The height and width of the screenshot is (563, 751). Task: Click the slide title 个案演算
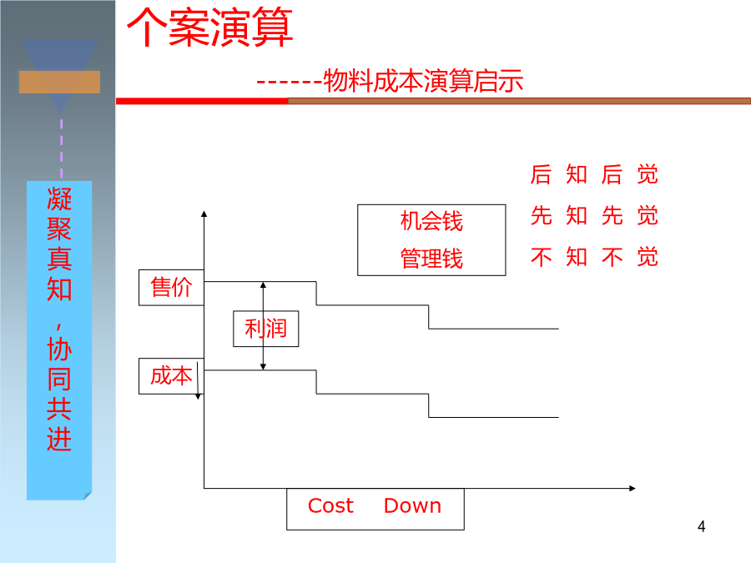[209, 28]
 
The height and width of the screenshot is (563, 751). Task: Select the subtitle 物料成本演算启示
[423, 80]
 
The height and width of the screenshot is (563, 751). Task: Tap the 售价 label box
[171, 287]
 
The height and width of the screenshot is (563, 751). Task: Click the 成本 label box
[171, 376]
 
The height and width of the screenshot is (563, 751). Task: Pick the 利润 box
[266, 329]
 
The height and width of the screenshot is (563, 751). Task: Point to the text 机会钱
[431, 221]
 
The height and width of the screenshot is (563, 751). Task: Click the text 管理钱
[431, 259]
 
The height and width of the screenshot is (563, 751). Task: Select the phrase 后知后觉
[594, 174]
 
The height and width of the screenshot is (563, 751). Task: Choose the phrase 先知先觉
[594, 215]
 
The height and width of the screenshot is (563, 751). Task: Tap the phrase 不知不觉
[594, 257]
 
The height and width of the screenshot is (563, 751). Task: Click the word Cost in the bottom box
[330, 505]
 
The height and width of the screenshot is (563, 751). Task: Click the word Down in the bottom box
[412, 505]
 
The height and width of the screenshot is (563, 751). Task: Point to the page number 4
[701, 526]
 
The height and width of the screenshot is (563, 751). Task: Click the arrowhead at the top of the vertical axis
[204, 214]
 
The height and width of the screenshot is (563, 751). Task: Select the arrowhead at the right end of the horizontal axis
[633, 488]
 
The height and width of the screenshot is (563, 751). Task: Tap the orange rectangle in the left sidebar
[59, 82]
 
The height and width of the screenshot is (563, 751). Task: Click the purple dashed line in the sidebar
[61, 148]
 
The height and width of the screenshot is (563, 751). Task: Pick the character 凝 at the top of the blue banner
[59, 199]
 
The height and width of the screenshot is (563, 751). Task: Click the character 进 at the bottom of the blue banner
[59, 439]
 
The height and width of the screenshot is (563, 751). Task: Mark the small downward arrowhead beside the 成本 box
[198, 396]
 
